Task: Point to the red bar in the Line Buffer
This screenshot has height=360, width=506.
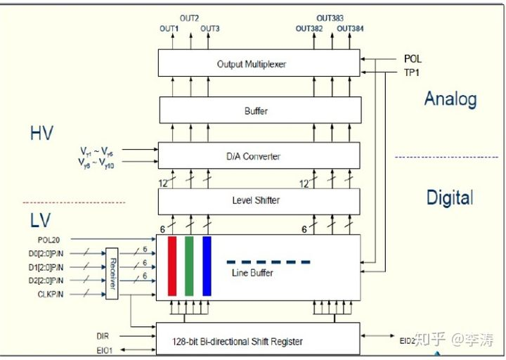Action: (172, 266)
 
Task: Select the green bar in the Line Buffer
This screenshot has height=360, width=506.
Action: (189, 266)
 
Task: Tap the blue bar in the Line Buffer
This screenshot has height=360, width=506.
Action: (207, 266)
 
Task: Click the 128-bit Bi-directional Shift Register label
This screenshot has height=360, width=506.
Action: (238, 342)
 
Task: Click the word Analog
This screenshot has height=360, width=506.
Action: (450, 99)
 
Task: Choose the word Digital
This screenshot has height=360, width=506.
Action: (450, 198)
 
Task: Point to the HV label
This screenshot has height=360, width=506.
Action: (41, 134)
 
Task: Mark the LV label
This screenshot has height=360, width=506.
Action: (40, 221)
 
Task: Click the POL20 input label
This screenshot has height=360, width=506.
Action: (50, 240)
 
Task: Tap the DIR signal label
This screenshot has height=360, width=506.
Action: (103, 336)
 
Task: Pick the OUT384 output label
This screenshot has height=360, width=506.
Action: (349, 29)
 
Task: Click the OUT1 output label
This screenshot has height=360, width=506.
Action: (169, 29)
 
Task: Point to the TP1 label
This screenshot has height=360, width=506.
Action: (412, 72)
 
